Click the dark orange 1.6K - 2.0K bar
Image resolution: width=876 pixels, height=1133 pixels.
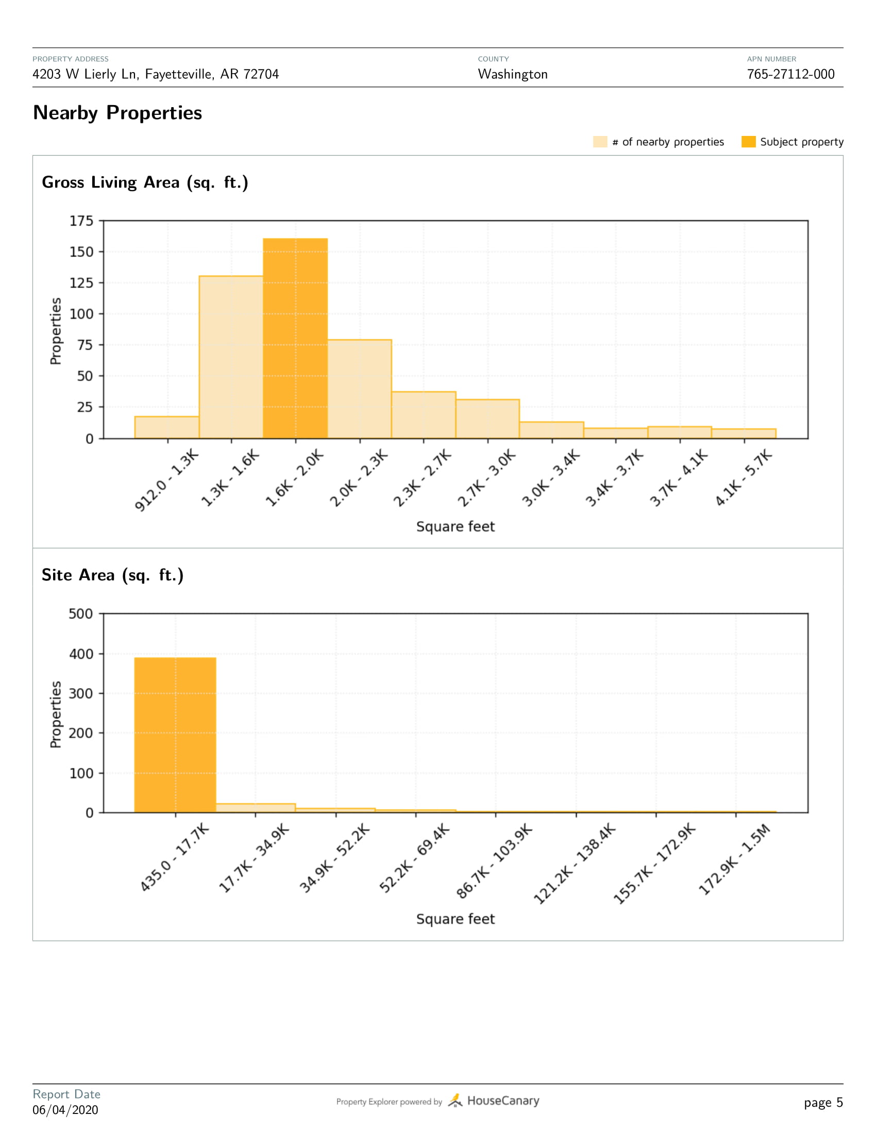pyautogui.click(x=295, y=338)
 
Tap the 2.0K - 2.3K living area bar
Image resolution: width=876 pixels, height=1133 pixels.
pyautogui.click(x=360, y=389)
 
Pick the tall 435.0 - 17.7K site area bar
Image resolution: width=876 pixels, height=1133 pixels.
pyautogui.click(x=175, y=734)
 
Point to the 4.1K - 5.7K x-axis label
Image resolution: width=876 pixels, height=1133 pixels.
pyautogui.click(x=743, y=478)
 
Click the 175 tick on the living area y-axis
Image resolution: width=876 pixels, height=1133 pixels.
pyautogui.click(x=81, y=221)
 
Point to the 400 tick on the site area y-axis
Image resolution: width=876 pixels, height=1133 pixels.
pyautogui.click(x=81, y=654)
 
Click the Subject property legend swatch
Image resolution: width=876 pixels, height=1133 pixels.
pyautogui.click(x=748, y=142)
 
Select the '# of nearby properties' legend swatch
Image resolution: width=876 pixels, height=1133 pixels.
pyautogui.click(x=600, y=142)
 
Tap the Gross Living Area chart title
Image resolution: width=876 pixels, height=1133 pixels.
pyautogui.click(x=145, y=183)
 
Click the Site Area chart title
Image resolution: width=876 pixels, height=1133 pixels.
pyautogui.click(x=113, y=575)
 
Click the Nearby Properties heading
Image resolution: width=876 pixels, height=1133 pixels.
pyautogui.click(x=117, y=113)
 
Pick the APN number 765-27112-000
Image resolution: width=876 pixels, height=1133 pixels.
pyautogui.click(x=790, y=74)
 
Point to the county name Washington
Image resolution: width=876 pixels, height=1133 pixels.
pyautogui.click(x=513, y=74)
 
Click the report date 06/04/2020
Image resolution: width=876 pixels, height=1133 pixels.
pyautogui.click(x=65, y=1110)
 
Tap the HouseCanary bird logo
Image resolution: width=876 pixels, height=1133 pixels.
pyautogui.click(x=454, y=1101)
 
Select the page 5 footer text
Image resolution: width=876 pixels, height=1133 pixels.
pyautogui.click(x=823, y=1103)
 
